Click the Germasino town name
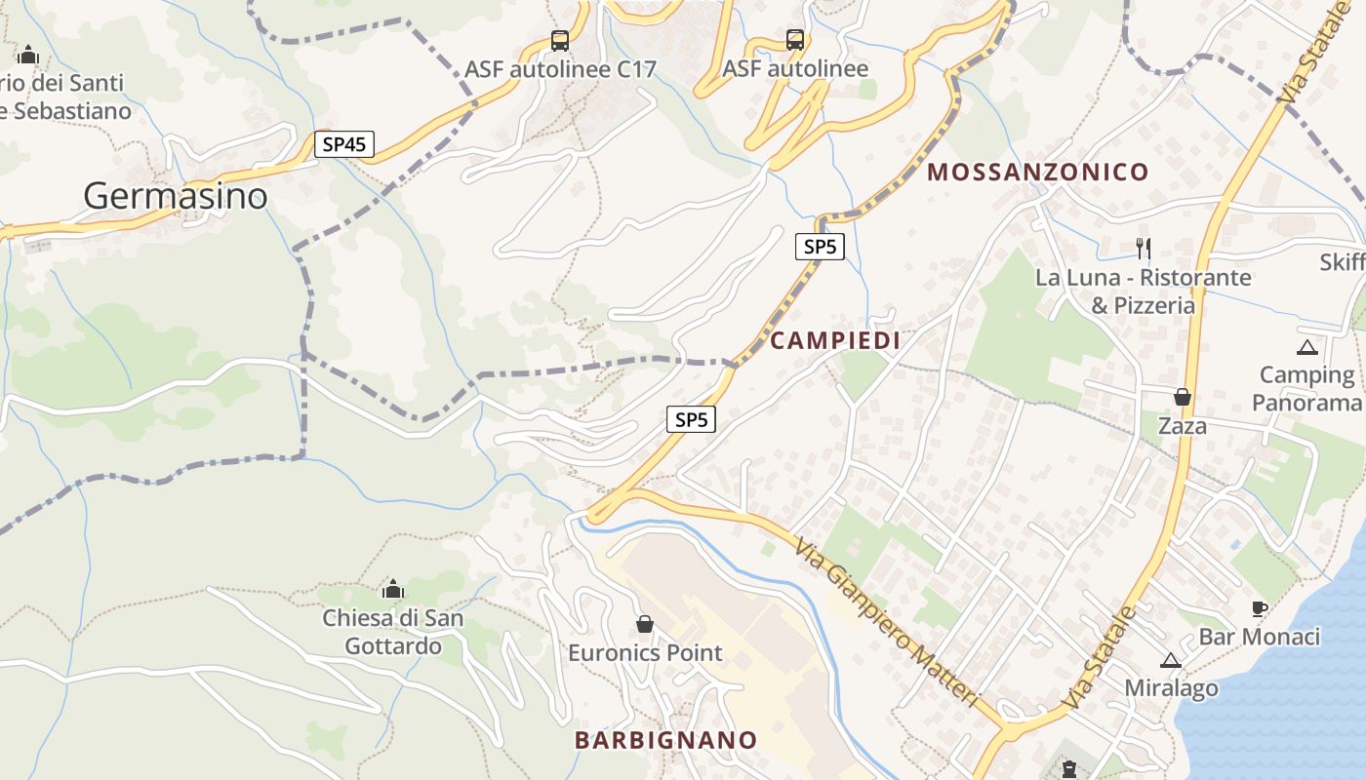tap(175, 196)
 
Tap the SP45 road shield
tap(344, 144)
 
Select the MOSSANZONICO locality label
tap(1037, 173)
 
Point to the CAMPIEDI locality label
tap(834, 340)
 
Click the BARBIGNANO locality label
tap(665, 740)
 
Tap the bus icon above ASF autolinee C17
tap(560, 41)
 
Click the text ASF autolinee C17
tap(560, 69)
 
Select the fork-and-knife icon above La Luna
tap(1144, 249)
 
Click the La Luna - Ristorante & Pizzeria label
tap(1143, 292)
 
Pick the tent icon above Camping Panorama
tap(1306, 347)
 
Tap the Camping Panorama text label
tap(1306, 389)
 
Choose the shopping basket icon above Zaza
tap(1183, 397)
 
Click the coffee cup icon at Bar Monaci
tap(1260, 609)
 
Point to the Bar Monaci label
tap(1259, 637)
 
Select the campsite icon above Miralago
tap(1171, 661)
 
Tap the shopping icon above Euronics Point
tap(645, 624)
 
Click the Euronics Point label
tap(645, 652)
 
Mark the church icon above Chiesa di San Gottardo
tap(393, 590)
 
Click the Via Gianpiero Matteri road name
tap(886, 624)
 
